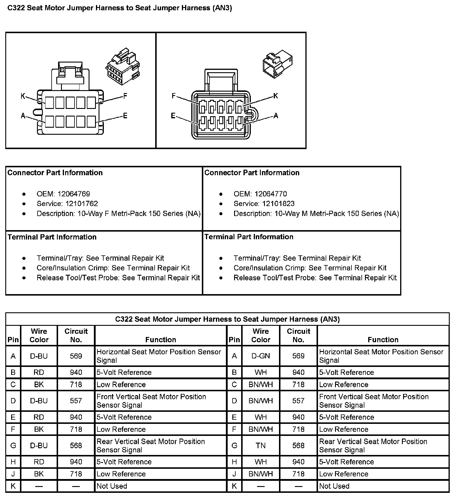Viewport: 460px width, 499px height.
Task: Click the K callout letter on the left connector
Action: tap(23, 96)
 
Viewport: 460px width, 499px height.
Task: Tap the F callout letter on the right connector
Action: tap(174, 96)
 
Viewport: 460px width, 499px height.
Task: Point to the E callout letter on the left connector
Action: tap(125, 116)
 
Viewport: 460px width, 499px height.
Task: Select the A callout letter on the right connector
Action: tap(275, 116)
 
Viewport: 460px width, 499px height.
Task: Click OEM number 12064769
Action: tap(74, 194)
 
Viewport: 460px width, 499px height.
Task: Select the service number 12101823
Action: tap(278, 204)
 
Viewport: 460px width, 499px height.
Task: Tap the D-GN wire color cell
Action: tap(261, 356)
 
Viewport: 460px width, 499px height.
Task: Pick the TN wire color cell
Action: tap(261, 446)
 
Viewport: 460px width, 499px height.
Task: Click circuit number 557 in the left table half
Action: tap(76, 401)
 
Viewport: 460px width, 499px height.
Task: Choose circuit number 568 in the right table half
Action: tap(298, 446)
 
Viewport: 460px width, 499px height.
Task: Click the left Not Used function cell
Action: tap(112, 486)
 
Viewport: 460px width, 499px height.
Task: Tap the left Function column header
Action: tap(161, 340)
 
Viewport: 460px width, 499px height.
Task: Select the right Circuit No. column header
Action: tap(298, 336)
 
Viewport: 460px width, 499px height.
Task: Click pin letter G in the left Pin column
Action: tap(13, 446)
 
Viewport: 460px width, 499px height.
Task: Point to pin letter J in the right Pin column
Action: tap(234, 474)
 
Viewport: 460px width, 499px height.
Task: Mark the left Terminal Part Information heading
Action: tap(52, 237)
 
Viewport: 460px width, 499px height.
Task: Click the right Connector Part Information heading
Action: tap(252, 173)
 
